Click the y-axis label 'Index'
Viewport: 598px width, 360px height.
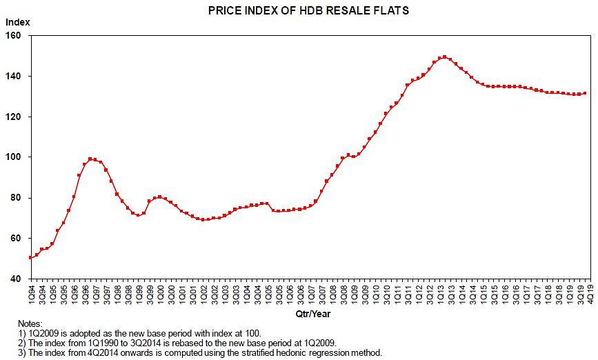click(x=18, y=22)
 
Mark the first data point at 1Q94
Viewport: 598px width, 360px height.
click(x=30, y=258)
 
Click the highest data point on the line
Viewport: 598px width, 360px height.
click(x=444, y=57)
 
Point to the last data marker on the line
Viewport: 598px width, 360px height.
click(x=586, y=93)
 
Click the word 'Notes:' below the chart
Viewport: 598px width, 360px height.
click(x=31, y=323)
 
